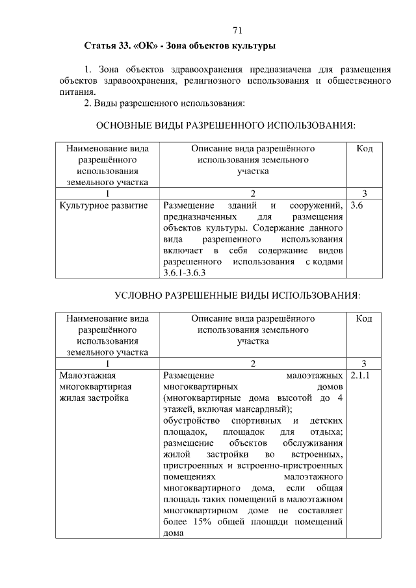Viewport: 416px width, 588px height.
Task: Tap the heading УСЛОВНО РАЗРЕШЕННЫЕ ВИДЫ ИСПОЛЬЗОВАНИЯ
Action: pyautogui.click(x=237, y=296)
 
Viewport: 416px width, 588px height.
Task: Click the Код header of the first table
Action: pyautogui.click(x=365, y=149)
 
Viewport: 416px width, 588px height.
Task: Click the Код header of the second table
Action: pyautogui.click(x=365, y=319)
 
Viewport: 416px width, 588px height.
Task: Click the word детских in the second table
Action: pyautogui.click(x=327, y=420)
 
